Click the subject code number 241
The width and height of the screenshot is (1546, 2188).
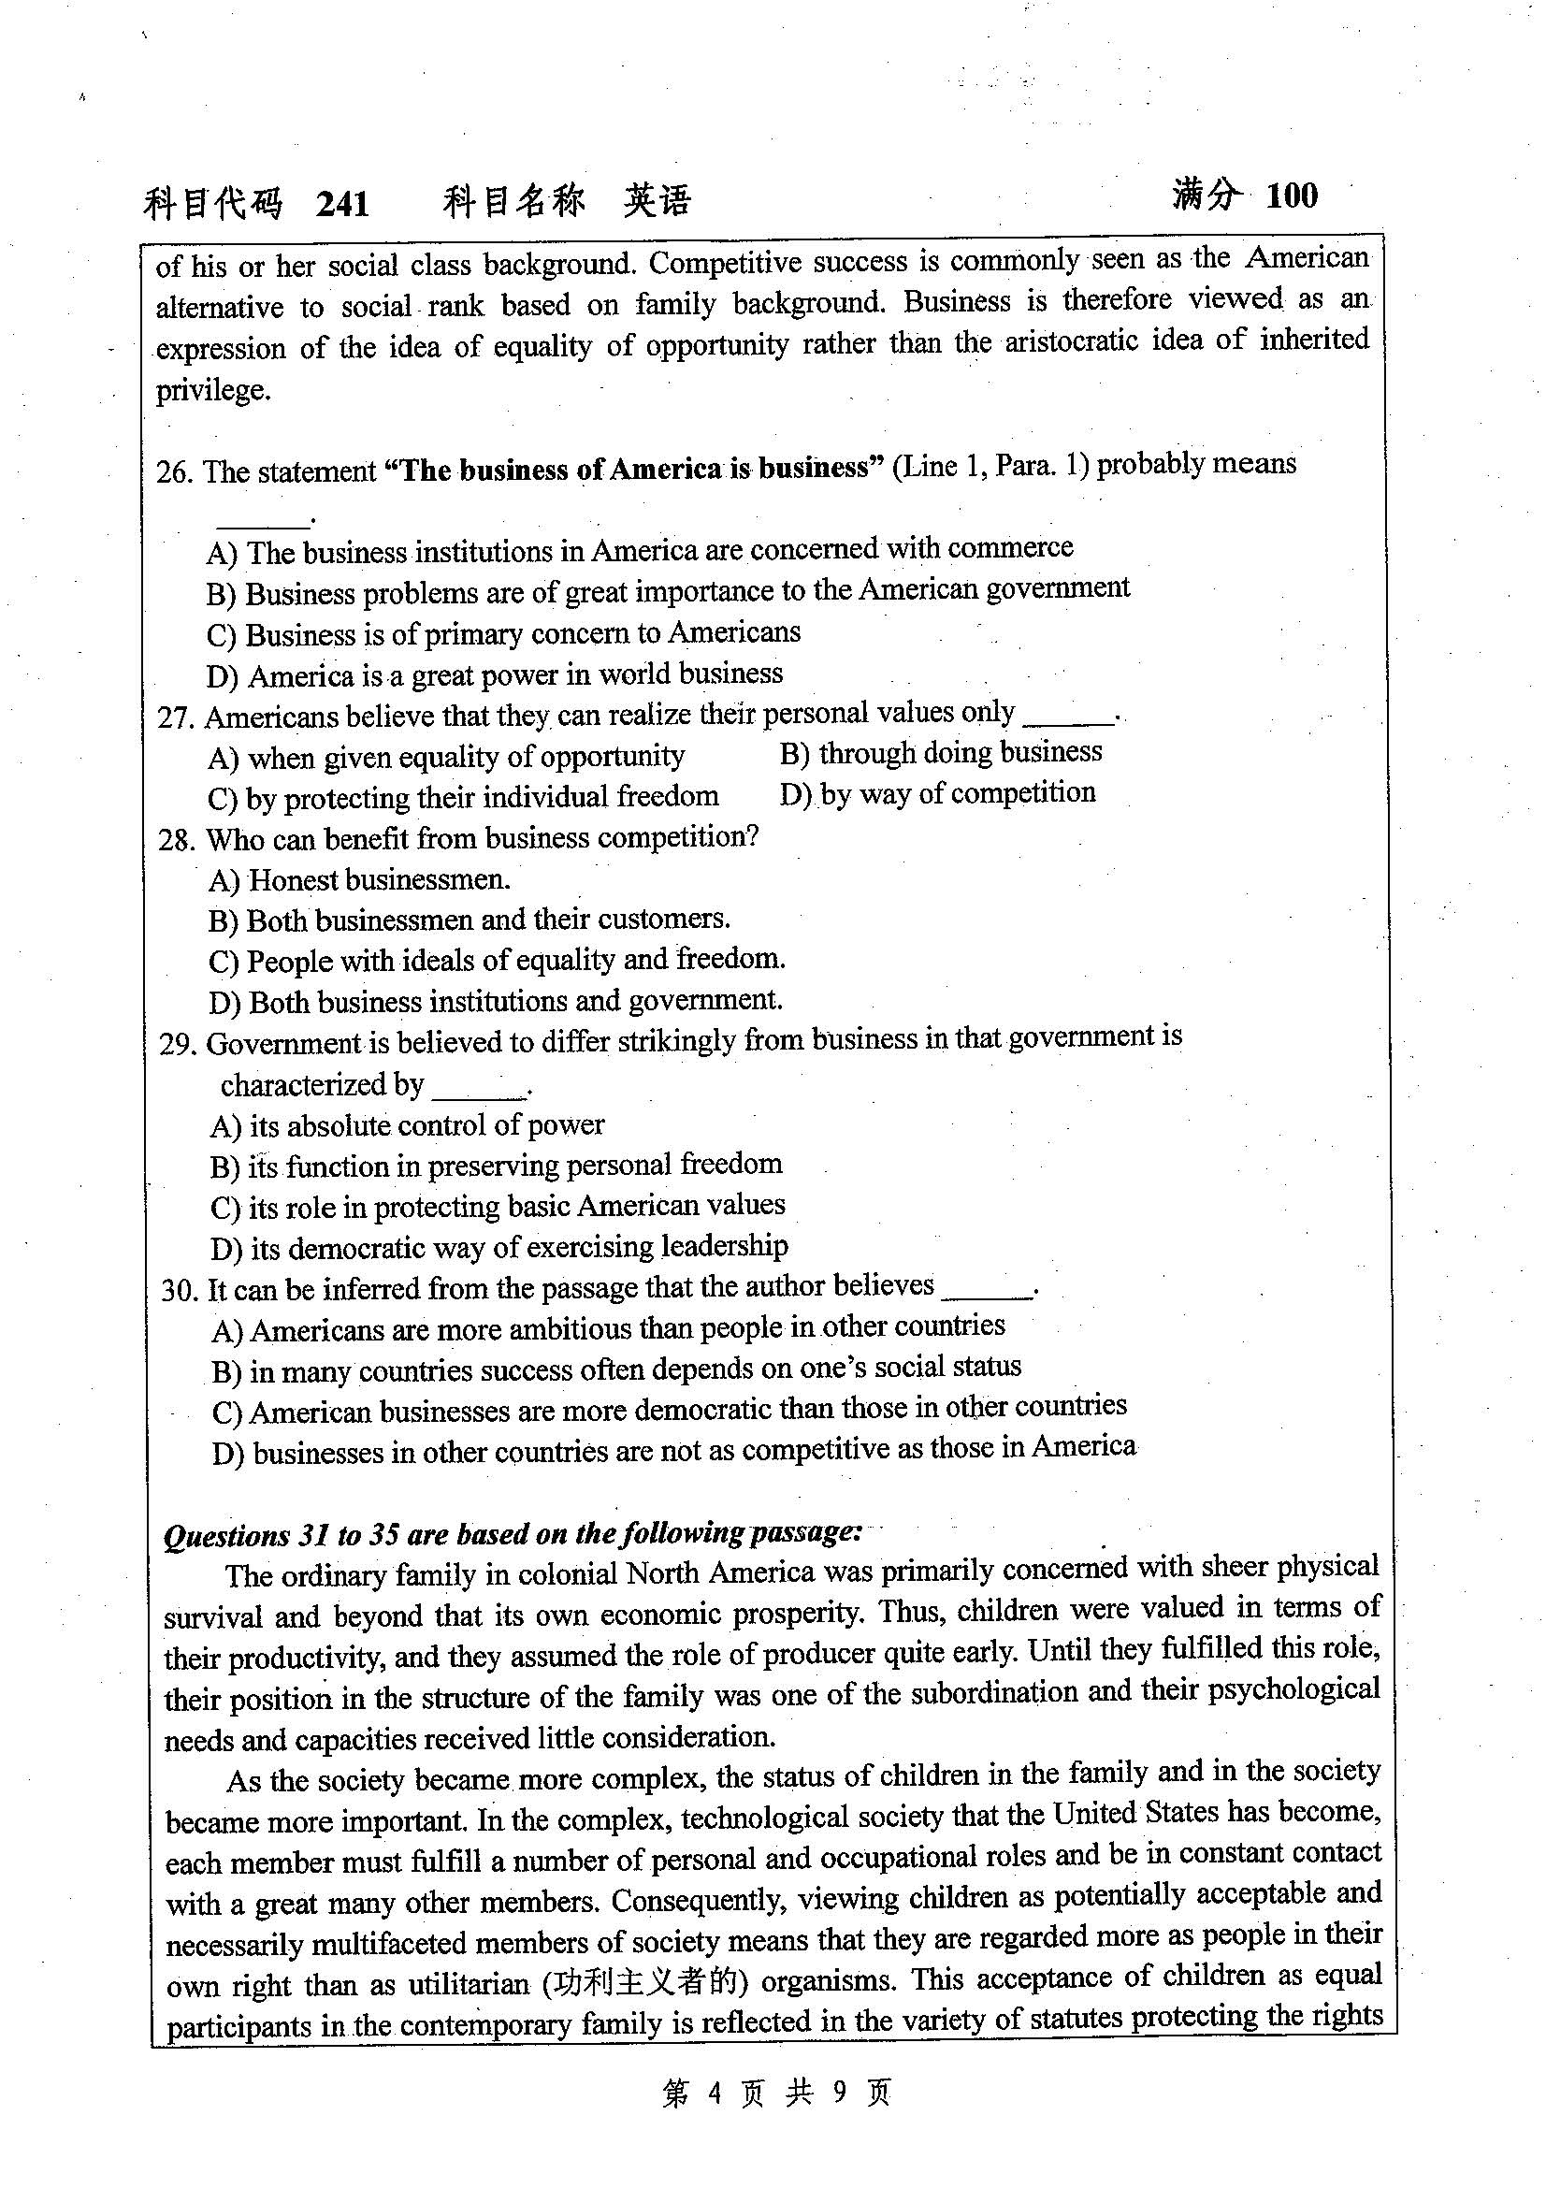[x=342, y=204]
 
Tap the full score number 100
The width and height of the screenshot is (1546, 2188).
[x=1292, y=196]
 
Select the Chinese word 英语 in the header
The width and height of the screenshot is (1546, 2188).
[x=657, y=201]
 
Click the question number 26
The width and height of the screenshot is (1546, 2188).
[x=174, y=472]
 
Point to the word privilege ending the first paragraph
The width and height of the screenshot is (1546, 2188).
[x=213, y=390]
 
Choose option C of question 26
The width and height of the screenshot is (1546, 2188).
[x=503, y=633]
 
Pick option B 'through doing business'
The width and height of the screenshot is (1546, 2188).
[x=940, y=753]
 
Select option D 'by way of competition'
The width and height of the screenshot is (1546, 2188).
[x=937, y=794]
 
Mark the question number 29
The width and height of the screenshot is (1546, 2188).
[x=178, y=1046]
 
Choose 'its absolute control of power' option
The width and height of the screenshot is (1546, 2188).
[x=407, y=1126]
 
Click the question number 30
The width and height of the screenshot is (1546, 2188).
[x=179, y=1291]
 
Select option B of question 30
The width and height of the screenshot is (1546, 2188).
[x=616, y=1369]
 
